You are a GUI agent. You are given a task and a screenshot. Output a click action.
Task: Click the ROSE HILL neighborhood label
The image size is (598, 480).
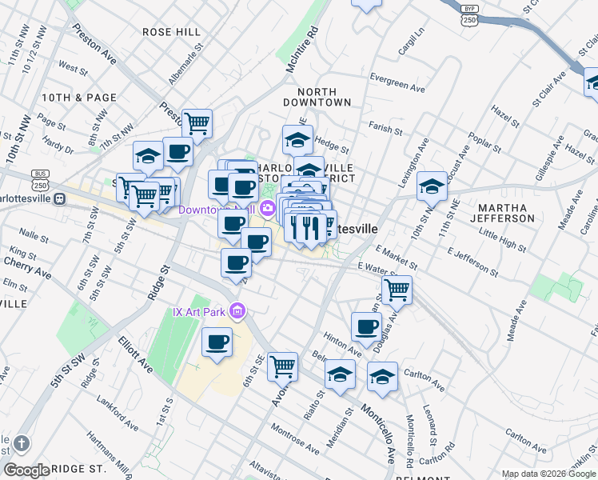(171, 32)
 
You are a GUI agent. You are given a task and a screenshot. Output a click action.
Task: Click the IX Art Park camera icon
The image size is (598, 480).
(237, 310)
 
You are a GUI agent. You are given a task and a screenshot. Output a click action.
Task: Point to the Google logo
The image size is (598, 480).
(26, 470)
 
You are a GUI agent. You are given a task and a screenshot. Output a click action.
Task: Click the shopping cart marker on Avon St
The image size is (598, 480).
(282, 366)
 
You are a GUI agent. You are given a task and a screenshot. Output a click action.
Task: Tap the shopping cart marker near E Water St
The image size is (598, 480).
(397, 290)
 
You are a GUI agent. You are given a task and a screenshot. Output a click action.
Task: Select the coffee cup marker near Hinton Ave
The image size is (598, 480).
(367, 326)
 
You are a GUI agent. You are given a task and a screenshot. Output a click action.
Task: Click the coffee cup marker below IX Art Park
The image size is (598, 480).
(217, 342)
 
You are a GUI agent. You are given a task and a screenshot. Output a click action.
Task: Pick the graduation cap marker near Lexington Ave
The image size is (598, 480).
(432, 187)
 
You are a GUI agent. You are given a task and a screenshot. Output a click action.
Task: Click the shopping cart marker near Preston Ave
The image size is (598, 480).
(197, 123)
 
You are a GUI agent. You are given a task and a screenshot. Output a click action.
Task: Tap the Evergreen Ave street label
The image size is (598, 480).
(397, 82)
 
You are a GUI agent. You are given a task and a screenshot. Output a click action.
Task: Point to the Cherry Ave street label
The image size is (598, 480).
(27, 268)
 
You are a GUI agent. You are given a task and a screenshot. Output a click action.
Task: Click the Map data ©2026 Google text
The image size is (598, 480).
(548, 473)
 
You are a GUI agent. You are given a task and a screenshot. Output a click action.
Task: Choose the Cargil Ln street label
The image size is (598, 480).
(412, 45)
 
